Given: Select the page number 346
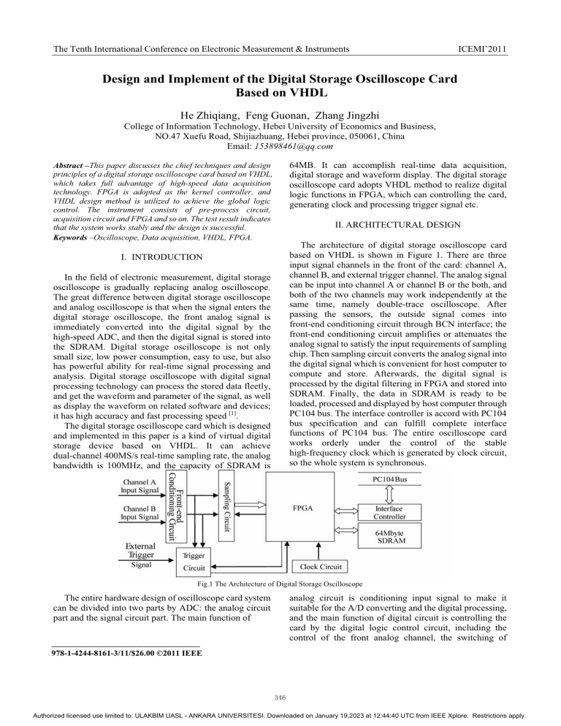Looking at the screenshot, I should pyautogui.click(x=280, y=695).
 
